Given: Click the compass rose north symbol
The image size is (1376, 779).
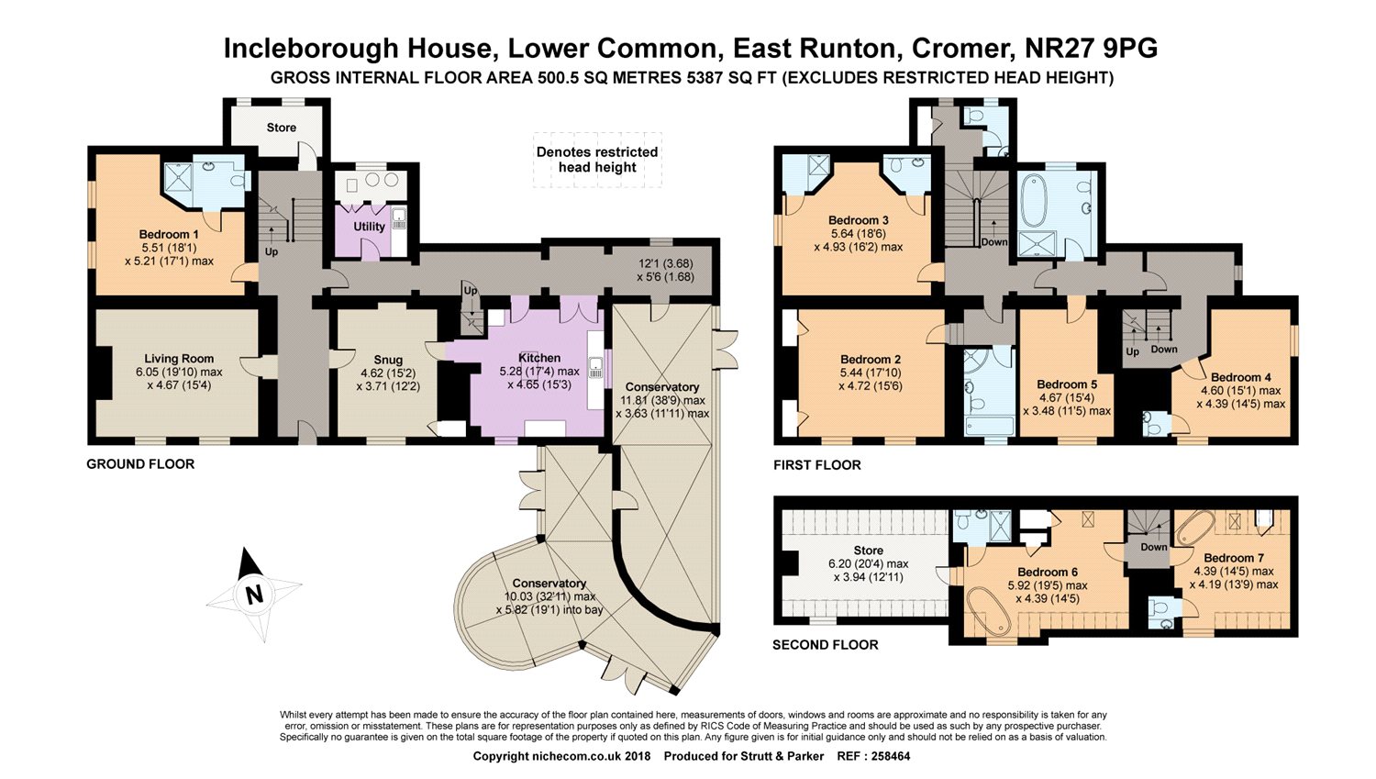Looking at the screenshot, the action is click(253, 595).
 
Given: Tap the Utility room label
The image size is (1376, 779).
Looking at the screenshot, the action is click(370, 227).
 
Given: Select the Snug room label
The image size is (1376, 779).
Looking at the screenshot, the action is click(388, 360).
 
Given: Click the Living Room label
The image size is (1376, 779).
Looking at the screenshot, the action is click(179, 359).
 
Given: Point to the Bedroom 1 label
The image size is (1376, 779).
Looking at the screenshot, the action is click(169, 235).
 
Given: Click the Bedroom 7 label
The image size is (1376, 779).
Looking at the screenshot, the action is click(1234, 558).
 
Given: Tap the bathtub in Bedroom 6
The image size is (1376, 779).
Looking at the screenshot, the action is click(989, 610).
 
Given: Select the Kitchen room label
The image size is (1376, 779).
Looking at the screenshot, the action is click(539, 358).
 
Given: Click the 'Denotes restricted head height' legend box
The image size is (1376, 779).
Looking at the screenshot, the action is click(597, 160).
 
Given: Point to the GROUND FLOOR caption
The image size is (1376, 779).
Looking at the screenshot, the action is click(140, 464).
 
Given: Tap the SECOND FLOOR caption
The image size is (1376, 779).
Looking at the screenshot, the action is click(825, 645).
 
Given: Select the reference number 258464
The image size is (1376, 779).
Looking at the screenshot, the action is click(889, 757).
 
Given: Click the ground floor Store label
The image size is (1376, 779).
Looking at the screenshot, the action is click(282, 128).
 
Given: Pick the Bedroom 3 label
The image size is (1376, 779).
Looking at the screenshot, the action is click(858, 220).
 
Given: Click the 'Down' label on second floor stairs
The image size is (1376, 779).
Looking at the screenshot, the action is click(1154, 547).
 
